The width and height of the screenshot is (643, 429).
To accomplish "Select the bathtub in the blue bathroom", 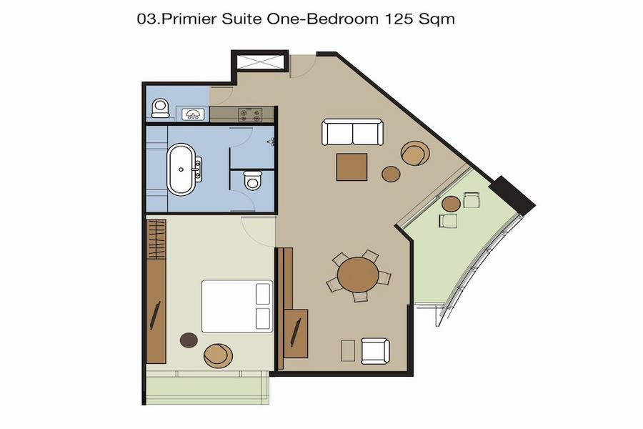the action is click(181, 169).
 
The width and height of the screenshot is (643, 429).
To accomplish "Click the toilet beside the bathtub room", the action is click(252, 180).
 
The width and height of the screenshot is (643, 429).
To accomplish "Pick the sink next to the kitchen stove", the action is click(193, 114).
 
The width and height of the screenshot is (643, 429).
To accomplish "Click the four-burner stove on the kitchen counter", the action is click(250, 114).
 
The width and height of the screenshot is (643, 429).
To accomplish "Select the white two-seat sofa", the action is click(353, 132).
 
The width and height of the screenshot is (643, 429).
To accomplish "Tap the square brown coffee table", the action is click(352, 167).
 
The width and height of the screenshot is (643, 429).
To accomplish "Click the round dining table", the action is click(358, 275).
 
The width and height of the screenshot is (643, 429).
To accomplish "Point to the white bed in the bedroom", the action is click(237, 306).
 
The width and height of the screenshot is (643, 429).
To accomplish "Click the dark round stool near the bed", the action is click(189, 340).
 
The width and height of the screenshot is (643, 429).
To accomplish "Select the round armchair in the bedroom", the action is click(218, 355).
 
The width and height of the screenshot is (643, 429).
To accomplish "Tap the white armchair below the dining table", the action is click(375, 351).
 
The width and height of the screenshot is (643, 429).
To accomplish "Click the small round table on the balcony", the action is click(451, 204).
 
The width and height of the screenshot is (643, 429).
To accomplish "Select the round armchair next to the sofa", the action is click(415, 153).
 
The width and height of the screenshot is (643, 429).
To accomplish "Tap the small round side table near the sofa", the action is click(391, 174).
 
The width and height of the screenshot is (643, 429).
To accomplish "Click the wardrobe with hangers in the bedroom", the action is click(156, 239).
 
